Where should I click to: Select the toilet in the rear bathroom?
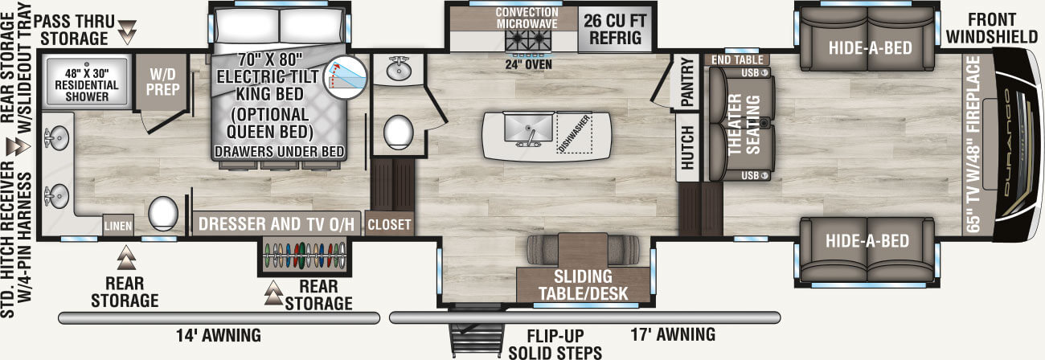(163, 212)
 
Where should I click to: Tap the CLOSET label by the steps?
(389, 225)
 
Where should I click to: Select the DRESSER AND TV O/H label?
(276, 224)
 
